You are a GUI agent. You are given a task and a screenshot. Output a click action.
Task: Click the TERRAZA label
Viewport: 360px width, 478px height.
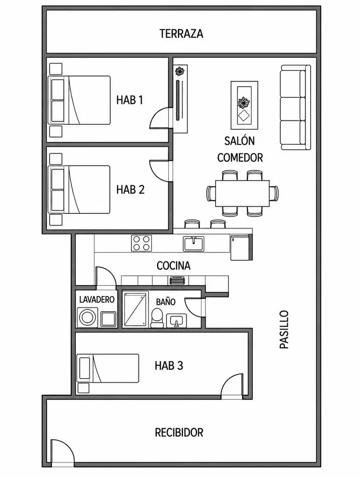(182, 34)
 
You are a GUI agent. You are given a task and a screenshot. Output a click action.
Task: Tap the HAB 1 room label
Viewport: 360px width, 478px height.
(130, 100)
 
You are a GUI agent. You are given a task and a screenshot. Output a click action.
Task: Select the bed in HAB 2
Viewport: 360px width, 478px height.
(79, 189)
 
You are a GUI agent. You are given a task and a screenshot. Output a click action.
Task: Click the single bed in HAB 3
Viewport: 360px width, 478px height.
(108, 368)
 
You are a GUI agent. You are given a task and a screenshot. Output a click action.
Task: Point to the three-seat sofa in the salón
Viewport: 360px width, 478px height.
(295, 107)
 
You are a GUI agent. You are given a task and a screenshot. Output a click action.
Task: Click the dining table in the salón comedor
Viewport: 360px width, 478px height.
(243, 193)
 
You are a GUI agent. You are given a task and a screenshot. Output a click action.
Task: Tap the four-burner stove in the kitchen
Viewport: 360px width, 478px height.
(142, 243)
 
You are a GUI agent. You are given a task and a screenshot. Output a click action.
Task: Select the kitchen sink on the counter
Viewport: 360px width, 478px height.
(194, 243)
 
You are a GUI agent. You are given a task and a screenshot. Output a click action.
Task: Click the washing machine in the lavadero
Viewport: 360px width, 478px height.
(87, 317)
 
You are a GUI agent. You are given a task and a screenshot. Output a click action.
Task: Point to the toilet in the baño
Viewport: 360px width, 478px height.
(157, 318)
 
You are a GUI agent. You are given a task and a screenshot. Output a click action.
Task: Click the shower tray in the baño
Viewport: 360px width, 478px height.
(135, 309)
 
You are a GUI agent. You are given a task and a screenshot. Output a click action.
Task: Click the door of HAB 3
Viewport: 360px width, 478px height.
(232, 385)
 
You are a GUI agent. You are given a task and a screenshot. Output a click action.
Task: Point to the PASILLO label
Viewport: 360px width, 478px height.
(284, 330)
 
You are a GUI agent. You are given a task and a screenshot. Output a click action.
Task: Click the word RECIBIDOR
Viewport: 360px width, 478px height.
(179, 432)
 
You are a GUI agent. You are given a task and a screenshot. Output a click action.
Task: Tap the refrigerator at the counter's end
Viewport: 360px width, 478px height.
(240, 247)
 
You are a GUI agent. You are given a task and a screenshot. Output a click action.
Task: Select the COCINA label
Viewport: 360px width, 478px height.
(174, 266)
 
